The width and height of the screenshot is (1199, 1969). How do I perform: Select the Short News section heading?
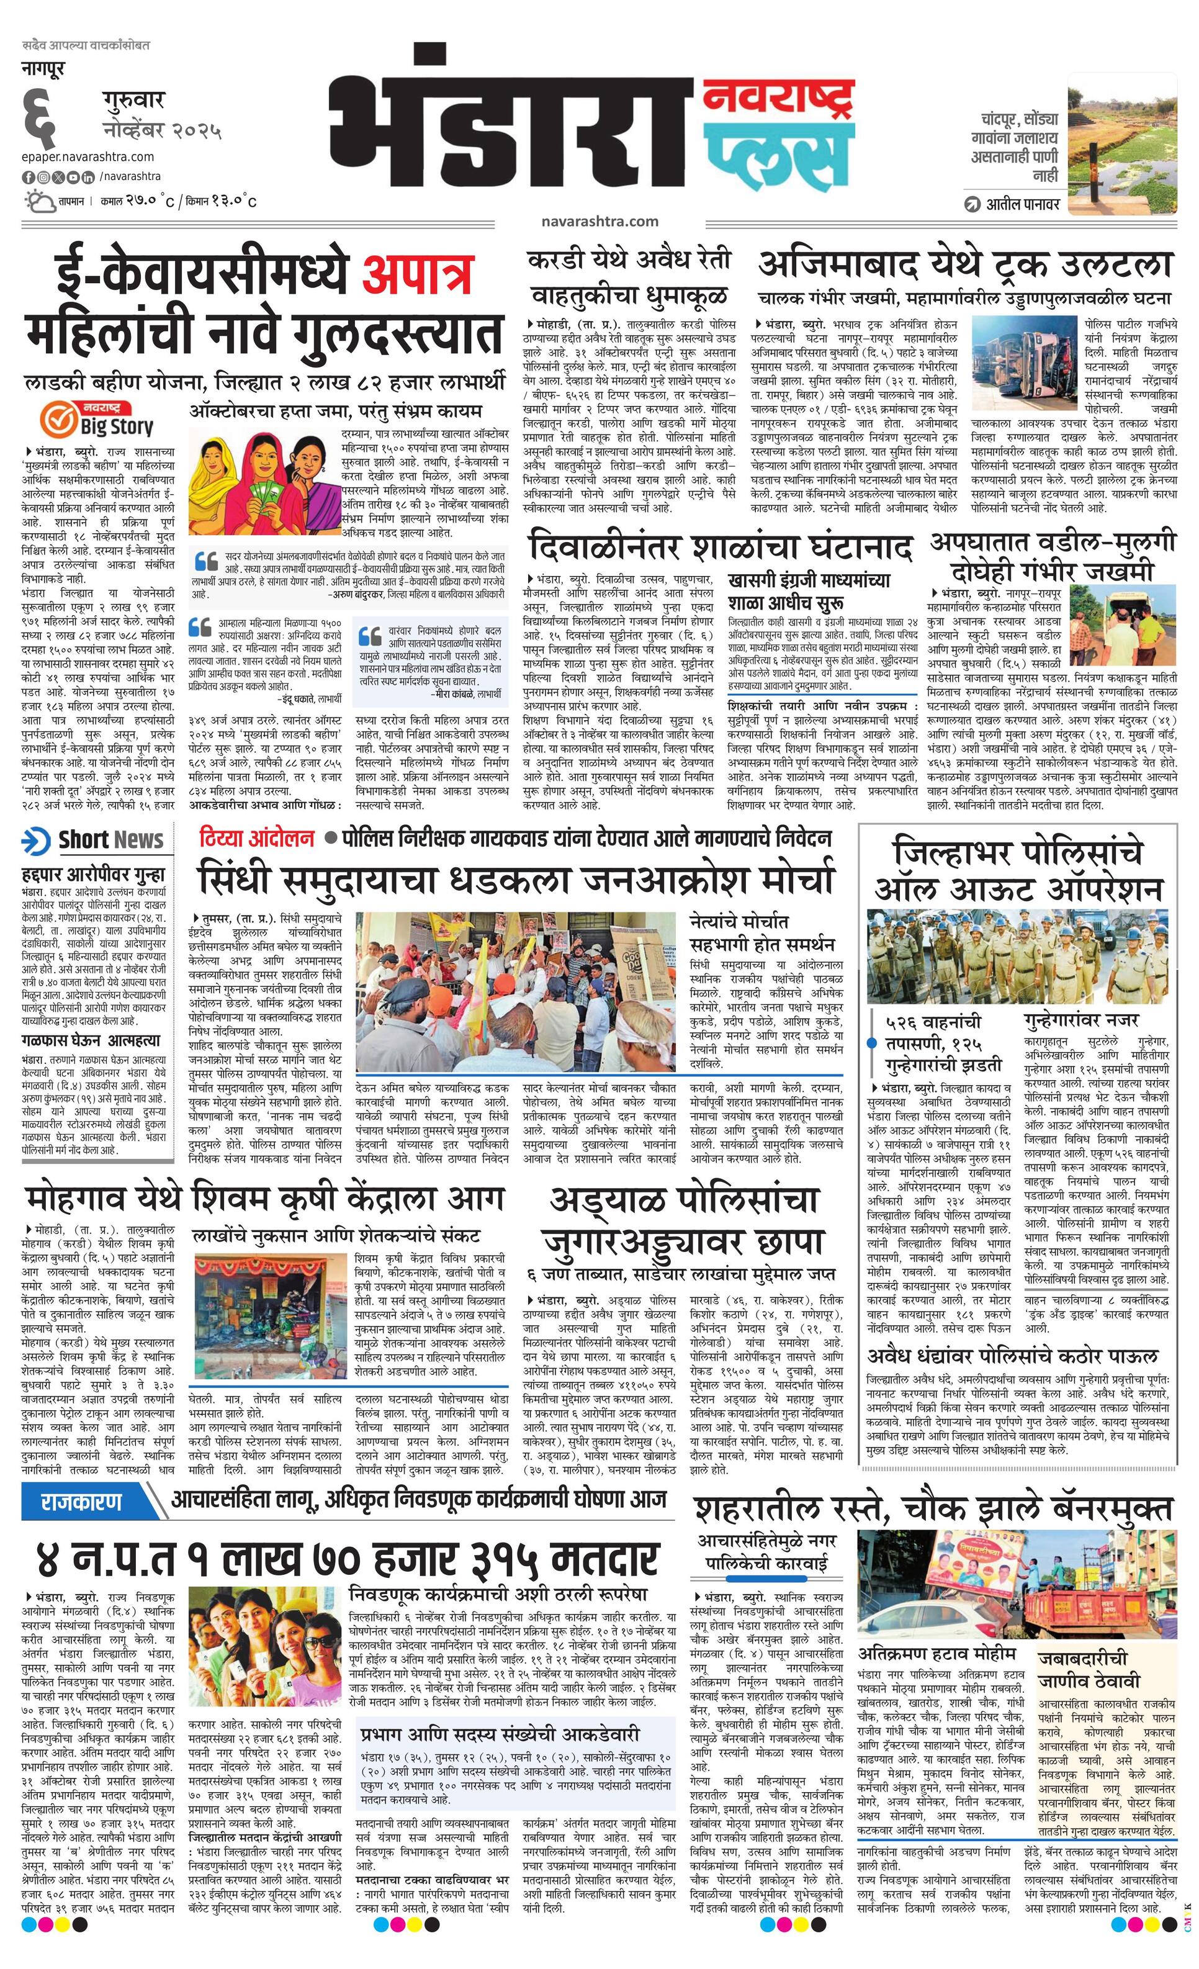pyautogui.click(x=94, y=840)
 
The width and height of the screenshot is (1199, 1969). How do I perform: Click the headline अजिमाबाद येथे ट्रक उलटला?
pyautogui.click(x=965, y=265)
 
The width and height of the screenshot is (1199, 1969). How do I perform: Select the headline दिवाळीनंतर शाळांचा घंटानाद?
pyautogui.click(x=719, y=548)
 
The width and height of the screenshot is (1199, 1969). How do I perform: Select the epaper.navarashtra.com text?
pyautogui.click(x=88, y=156)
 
